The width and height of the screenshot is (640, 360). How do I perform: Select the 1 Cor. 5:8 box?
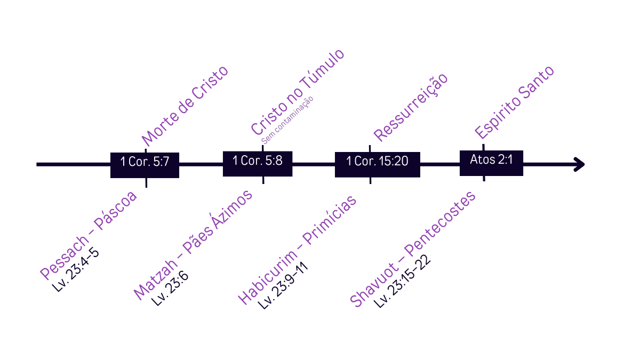coord(258,161)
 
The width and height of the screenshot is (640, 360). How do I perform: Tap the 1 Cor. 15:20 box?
coord(377,162)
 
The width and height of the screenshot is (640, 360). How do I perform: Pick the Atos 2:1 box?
coord(491,159)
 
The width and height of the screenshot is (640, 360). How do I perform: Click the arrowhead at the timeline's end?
coord(580,164)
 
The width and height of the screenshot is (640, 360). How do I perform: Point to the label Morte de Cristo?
coord(185,106)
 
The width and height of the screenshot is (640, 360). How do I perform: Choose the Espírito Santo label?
coord(514,102)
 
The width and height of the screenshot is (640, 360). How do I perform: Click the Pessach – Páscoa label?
coord(89,235)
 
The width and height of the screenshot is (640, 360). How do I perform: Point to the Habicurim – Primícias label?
coord(297,251)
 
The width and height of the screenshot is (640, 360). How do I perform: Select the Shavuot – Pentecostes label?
coord(412,249)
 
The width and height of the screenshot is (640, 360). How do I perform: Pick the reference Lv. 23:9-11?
coord(283,287)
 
